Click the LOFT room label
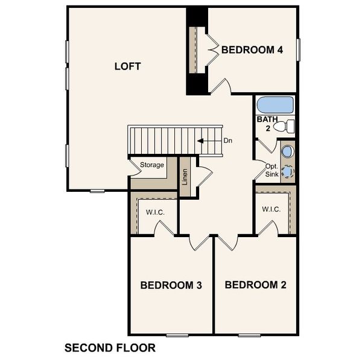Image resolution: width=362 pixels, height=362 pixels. click(x=127, y=66)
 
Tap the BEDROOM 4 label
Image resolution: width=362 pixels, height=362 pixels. click(x=252, y=50)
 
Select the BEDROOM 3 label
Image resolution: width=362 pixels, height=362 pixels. click(x=171, y=285)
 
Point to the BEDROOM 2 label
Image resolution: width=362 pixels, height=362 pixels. click(x=255, y=284)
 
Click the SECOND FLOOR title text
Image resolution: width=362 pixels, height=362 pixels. click(x=110, y=348)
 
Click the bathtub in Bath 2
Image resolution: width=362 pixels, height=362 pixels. click(x=275, y=105)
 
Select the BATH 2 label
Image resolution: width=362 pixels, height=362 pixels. click(x=267, y=124)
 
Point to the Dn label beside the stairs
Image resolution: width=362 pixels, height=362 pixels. click(x=228, y=141)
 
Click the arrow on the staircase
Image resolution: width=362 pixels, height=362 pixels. click(x=208, y=141)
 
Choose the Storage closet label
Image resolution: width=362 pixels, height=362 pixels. click(x=152, y=165)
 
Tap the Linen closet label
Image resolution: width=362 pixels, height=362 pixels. click(x=185, y=177)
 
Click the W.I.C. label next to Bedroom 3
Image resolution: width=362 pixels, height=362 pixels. click(x=155, y=212)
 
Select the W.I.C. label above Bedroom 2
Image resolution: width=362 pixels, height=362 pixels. click(x=271, y=209)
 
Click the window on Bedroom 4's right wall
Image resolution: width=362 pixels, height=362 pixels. click(x=298, y=49)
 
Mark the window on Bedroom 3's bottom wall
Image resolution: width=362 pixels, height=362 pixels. click(x=177, y=334)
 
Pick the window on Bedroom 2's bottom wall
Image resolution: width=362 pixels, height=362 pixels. click(x=249, y=334)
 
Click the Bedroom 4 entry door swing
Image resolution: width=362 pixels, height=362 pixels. click(x=220, y=86)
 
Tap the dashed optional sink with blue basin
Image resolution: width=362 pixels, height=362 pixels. click(x=288, y=172)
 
